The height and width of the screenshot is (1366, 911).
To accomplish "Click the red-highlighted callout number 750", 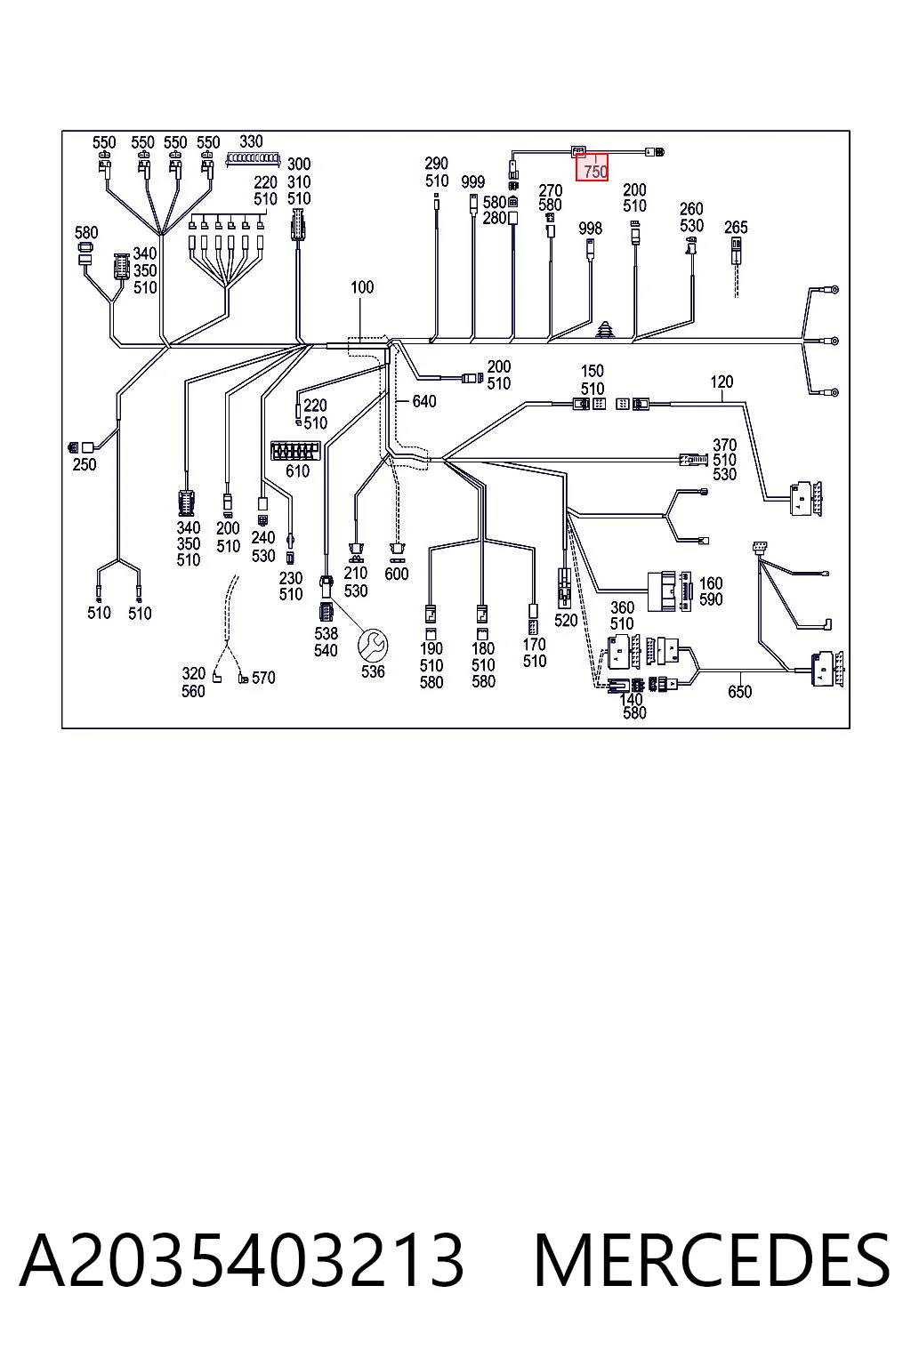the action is pos(595,172).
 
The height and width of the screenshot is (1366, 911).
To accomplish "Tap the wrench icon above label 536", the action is pos(373,645).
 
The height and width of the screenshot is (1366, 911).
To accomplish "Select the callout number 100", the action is pos(362,287).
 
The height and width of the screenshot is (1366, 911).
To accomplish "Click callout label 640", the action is pos(424,401).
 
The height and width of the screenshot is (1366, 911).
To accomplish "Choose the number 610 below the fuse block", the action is pos(298,470).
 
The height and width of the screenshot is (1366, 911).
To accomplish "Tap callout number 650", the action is pos(739,692).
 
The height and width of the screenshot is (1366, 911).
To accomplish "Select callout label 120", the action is pos(722,382).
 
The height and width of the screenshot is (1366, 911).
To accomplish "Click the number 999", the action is pos(473,181).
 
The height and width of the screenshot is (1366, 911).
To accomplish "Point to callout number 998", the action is pos(590,229).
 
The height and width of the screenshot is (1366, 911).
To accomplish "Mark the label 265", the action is pos(736,228).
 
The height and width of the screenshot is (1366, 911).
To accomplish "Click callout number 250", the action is pos(85,465).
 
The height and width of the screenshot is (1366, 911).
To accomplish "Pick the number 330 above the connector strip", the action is pos(251,141).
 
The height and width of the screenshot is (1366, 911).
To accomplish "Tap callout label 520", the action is pos(566,621).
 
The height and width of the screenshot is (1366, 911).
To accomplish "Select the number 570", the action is pos(263,678).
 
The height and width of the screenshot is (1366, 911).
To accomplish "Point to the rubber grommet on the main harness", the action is pos(605,329).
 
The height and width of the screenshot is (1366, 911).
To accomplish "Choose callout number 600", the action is pos(397,574).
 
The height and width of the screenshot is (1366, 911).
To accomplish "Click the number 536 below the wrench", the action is pos(373,671).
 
